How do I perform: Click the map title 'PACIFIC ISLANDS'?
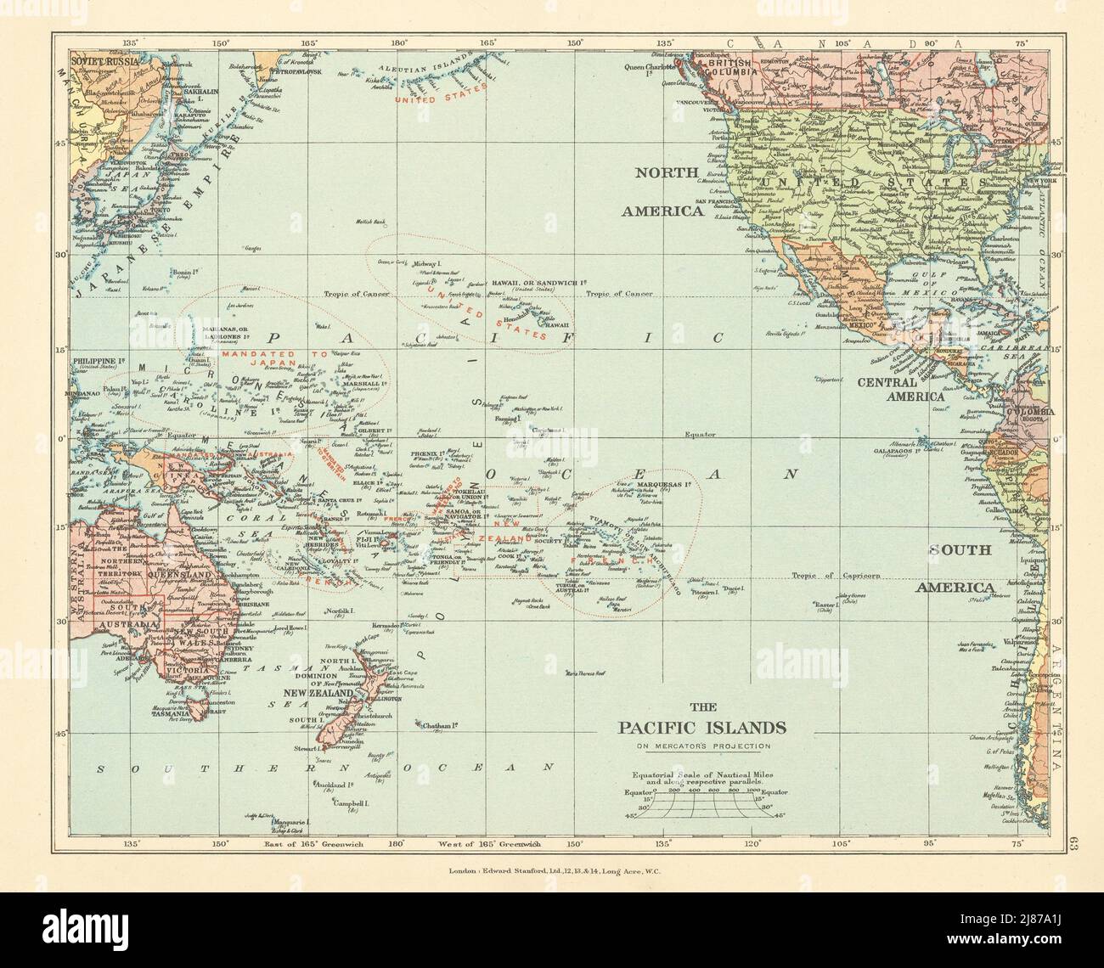click(701, 728)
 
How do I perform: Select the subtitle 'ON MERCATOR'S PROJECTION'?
click(701, 746)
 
